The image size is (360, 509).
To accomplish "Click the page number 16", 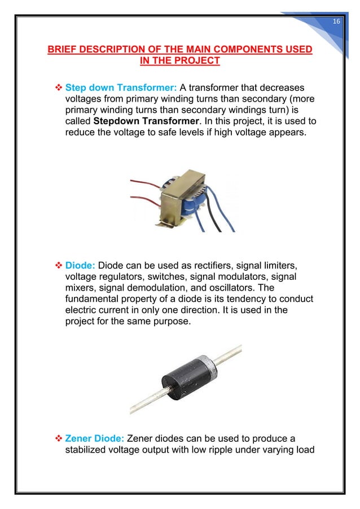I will point(336,21).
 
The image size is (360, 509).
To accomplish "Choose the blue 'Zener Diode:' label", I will point(95,437).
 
